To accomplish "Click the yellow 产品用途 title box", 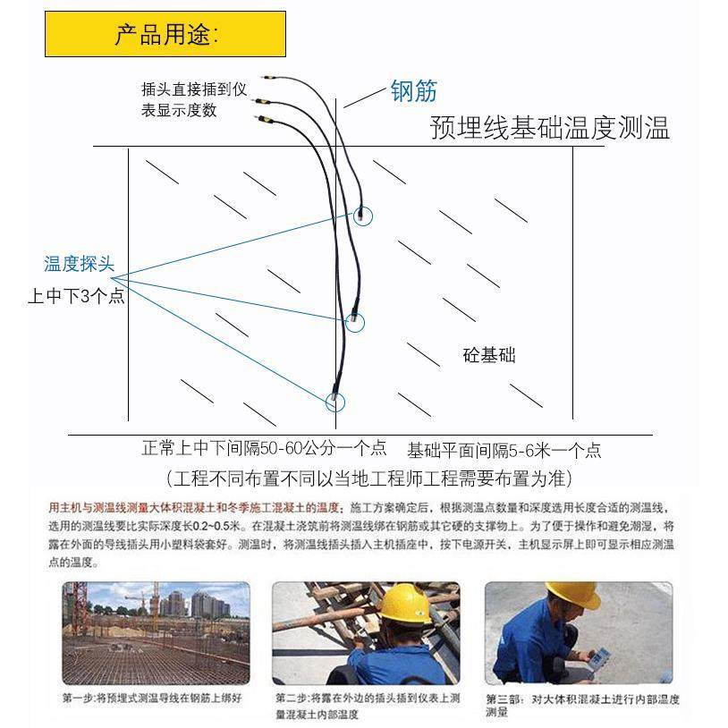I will click(x=165, y=34).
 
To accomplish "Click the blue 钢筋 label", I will click(x=413, y=90).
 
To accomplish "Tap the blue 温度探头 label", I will click(x=80, y=264).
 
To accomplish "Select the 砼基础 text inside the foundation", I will click(x=489, y=355).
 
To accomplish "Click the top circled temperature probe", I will click(x=361, y=215).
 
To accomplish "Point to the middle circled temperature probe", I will click(x=355, y=320).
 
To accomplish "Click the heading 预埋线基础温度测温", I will click(x=549, y=128).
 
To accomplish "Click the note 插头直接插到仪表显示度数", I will click(x=192, y=99).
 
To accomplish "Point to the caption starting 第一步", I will click(x=152, y=698).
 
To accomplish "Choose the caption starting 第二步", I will click(x=367, y=706).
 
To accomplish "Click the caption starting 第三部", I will click(x=582, y=705).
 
